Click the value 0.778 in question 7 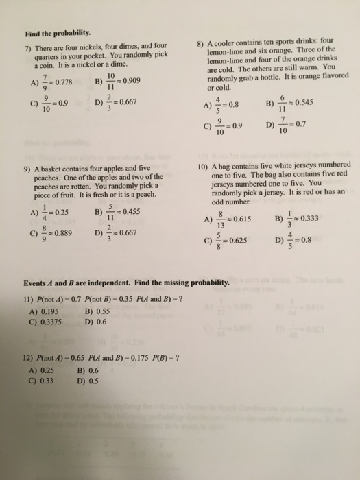(x=64, y=83)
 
